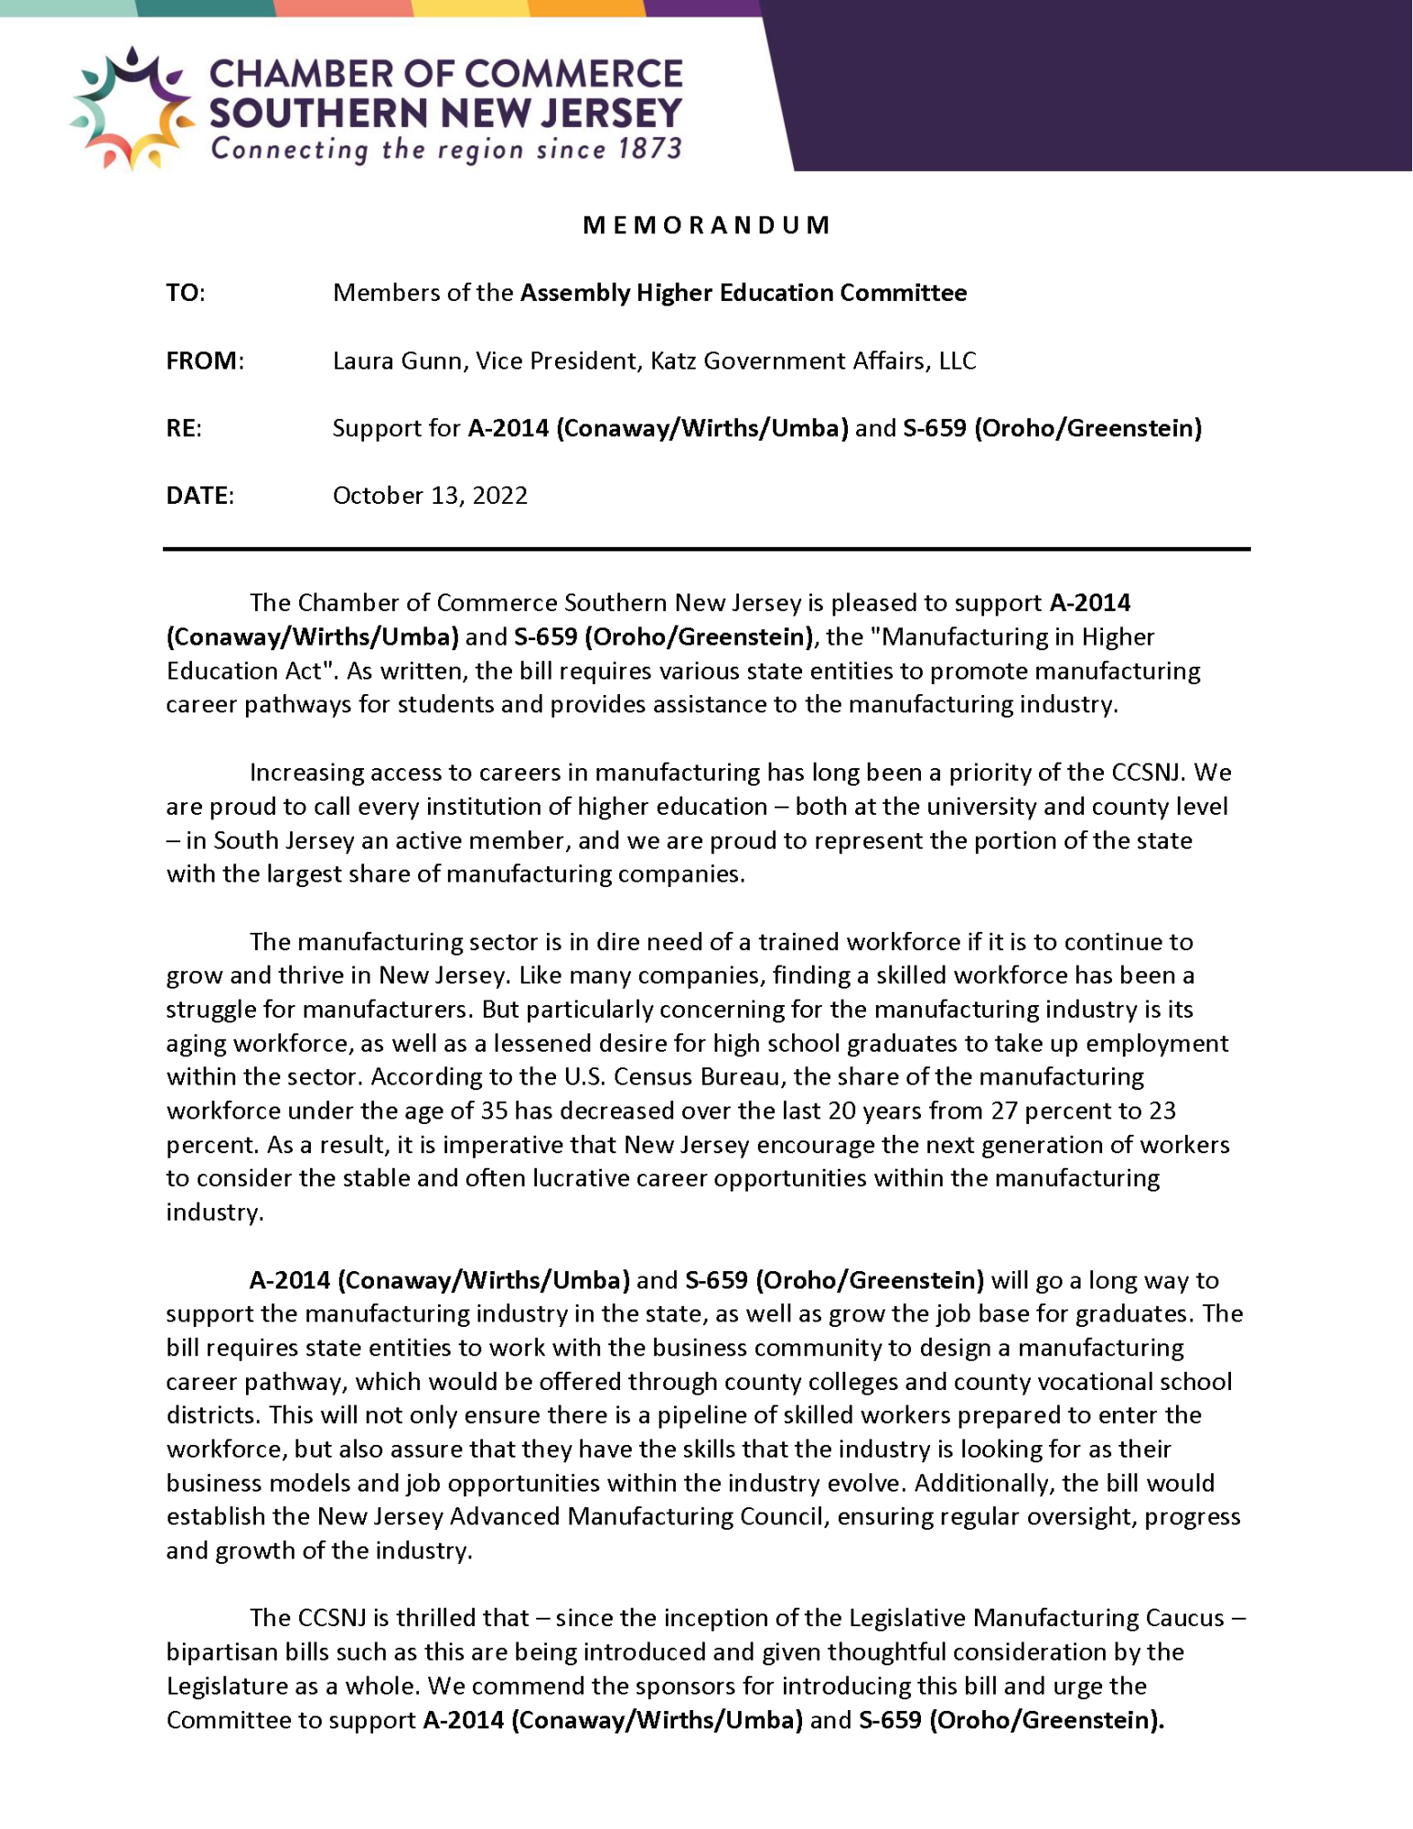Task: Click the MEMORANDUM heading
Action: point(706,225)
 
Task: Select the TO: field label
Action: point(185,293)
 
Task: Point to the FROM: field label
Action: point(205,360)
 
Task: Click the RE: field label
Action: point(184,428)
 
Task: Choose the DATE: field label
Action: point(199,496)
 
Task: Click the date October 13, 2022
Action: point(430,496)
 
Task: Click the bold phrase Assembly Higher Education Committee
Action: point(744,293)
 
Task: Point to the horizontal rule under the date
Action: point(706,549)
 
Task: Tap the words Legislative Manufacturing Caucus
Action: point(1036,1618)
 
